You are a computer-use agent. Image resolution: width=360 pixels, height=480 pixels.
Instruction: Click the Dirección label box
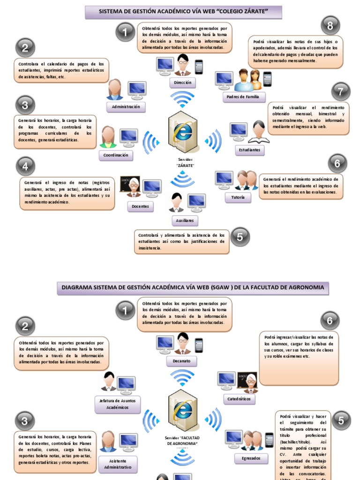point(182,82)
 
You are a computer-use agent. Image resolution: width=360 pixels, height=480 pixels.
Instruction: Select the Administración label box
point(126,107)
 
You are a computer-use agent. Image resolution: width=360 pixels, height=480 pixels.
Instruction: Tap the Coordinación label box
point(116,156)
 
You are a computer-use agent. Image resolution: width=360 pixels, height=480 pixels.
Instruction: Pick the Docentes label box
point(140,206)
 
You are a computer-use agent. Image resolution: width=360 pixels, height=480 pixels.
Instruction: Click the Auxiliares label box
point(185,220)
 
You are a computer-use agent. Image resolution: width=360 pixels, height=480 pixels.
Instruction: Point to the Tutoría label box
point(238,198)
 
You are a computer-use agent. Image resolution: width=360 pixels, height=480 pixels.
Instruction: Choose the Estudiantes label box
point(249,150)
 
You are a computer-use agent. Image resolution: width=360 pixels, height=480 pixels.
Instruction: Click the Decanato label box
point(182,361)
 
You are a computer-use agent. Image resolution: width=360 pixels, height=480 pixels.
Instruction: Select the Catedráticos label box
point(240,399)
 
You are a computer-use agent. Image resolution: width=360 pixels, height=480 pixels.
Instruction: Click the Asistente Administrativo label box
point(118,464)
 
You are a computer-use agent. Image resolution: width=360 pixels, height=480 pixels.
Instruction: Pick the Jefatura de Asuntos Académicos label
point(118,405)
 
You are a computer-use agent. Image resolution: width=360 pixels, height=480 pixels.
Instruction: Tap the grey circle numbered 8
point(330,26)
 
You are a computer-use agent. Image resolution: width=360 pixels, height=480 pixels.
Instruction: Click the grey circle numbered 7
point(341,91)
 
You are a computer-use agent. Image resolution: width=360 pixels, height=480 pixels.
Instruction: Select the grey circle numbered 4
point(25,166)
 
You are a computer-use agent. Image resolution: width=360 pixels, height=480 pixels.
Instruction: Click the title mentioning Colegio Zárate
point(183,12)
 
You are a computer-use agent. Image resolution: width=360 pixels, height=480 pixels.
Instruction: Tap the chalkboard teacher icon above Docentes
point(130,186)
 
